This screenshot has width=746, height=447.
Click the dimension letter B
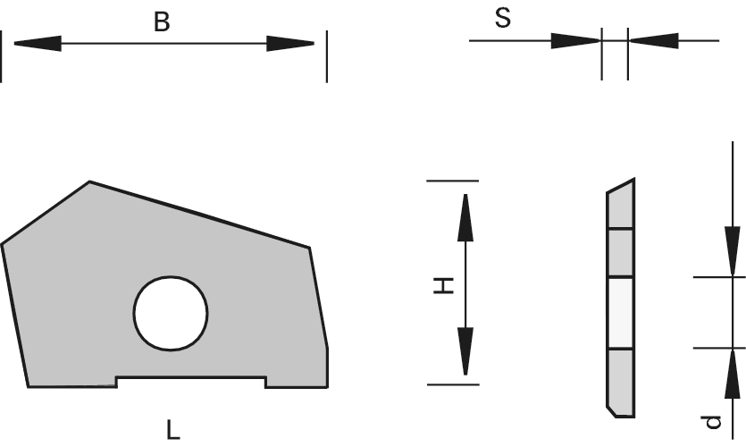point(162,21)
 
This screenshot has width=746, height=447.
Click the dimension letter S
point(503,19)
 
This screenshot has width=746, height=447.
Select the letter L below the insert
point(173,429)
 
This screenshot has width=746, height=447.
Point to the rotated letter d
point(711,420)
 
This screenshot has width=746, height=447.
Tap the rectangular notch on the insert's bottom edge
point(191,382)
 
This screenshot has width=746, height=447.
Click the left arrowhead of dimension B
point(37,43)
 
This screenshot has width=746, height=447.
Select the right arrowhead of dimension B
point(291,43)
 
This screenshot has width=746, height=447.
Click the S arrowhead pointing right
point(575,40)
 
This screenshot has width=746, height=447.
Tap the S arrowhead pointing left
point(654,40)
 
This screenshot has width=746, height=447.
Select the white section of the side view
point(621,312)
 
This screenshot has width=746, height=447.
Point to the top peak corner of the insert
point(89,182)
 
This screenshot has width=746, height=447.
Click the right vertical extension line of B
point(326,56)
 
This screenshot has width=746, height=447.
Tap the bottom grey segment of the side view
point(621,382)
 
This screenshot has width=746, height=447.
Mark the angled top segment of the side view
point(621,206)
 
